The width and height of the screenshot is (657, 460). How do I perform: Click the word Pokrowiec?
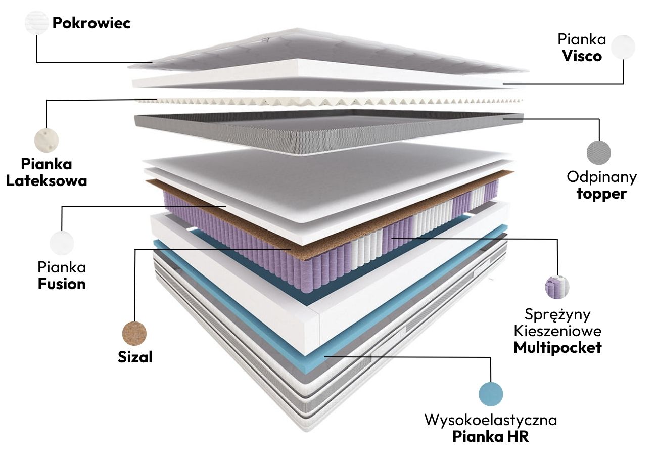pos(91,23)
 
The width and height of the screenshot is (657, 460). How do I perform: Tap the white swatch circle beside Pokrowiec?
pos(37,23)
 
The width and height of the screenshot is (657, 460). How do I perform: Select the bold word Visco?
pos(582,56)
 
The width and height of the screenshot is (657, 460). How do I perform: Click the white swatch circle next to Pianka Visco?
pos(623,47)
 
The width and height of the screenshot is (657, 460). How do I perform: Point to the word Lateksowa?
pos(46,180)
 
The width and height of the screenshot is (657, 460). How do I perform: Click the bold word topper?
pos(601,194)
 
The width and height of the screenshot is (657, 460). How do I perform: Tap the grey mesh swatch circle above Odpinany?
pos(599,152)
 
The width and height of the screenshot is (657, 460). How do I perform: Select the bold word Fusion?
pos(62,284)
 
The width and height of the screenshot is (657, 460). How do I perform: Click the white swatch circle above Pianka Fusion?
pos(62,243)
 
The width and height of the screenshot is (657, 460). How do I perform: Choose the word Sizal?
pos(135,357)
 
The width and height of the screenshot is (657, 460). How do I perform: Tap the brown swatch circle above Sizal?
pos(135,333)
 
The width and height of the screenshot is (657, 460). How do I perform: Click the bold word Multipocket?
pos(557,348)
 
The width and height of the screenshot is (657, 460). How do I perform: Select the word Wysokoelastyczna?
pos(491,420)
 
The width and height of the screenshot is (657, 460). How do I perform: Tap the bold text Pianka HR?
pos(491,436)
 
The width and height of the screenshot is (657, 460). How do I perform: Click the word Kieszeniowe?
pos(557,331)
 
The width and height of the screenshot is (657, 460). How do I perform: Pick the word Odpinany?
pos(601,177)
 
